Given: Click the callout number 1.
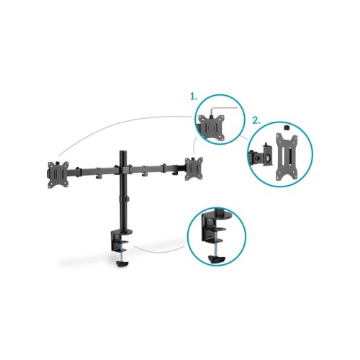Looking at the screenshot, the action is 194,97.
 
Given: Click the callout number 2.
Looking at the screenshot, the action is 256,120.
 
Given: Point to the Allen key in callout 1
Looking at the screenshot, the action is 223,109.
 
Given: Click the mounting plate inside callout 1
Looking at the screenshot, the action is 212,127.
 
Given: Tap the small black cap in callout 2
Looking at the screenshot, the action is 286,127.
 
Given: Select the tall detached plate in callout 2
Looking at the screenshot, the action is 287,157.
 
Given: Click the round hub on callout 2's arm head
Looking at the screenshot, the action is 268,158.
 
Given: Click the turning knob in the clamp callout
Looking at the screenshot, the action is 217,259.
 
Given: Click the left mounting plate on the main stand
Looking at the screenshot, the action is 58,174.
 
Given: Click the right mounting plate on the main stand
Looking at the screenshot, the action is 194,168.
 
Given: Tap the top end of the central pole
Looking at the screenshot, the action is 124,152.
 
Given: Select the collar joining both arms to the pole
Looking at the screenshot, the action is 124,169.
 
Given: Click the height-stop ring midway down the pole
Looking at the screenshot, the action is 124,199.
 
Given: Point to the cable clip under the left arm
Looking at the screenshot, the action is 99,176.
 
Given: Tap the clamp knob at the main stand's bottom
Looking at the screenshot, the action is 122,264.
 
